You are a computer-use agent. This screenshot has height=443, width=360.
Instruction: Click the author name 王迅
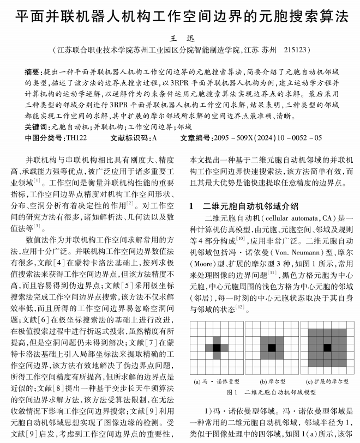[179, 38]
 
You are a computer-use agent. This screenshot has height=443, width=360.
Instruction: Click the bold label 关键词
[37, 126]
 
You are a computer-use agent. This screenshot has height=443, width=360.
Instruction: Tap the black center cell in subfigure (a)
[217, 348]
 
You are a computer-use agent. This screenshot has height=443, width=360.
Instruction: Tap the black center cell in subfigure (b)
[272, 348]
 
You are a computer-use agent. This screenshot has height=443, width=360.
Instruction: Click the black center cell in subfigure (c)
[327, 348]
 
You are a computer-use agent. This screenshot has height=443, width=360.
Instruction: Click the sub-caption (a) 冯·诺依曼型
[217, 381]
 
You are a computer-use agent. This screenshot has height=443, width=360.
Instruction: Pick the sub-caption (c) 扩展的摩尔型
[327, 381]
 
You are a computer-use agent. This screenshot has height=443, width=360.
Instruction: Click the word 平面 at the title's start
[27, 15]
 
